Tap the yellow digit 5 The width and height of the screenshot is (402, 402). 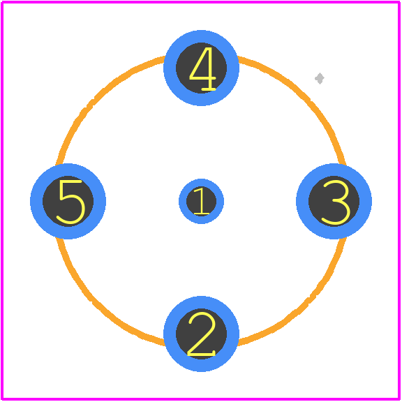pos(70,202)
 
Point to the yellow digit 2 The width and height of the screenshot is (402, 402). pos(202,334)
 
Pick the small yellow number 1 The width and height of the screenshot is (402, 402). pos(202,201)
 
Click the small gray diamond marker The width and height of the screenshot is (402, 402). pos(320,78)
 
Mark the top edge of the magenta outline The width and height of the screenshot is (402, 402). pos(201,2)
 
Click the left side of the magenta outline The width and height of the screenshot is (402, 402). pos(2,201)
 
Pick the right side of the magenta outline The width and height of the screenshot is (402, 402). pos(399,201)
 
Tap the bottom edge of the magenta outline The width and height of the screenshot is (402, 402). pos(201,399)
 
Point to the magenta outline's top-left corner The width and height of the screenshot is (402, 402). pos(2,2)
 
